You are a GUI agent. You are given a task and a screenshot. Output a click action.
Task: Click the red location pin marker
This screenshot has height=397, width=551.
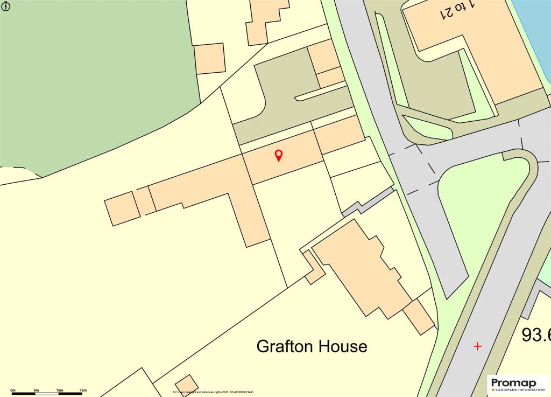(279, 156)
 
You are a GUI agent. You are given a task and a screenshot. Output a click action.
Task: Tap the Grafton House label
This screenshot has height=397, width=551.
(312, 346)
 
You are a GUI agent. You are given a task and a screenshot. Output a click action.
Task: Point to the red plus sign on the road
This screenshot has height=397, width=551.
(477, 346)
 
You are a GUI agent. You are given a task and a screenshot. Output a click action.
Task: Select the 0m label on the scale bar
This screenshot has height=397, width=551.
(13, 389)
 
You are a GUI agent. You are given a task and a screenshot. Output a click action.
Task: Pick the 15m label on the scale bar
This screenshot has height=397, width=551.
(83, 389)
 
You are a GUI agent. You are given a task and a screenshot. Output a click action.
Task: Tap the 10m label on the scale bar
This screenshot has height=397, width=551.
(60, 389)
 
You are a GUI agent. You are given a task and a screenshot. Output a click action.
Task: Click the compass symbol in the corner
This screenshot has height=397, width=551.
(6, 7)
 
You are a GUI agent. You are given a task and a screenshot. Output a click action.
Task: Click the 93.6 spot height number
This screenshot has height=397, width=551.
(536, 335)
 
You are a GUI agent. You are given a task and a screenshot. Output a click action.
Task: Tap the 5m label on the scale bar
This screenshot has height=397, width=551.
(36, 389)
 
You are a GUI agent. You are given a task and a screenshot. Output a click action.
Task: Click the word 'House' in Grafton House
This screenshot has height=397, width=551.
(342, 346)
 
